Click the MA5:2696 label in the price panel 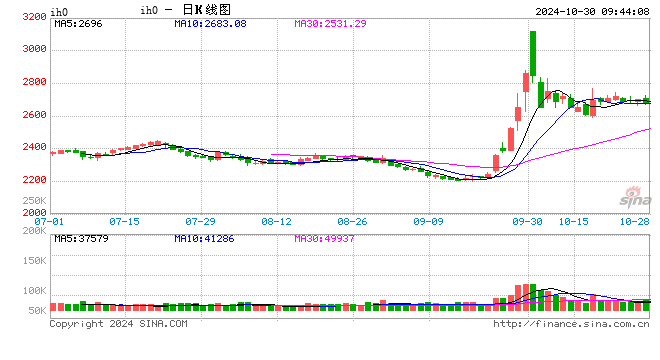pyautogui.click(x=76, y=23)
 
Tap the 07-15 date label pyautogui.click(x=125, y=220)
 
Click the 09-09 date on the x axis pyautogui.click(x=429, y=220)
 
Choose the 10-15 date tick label pyautogui.click(x=574, y=220)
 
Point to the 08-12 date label pyautogui.click(x=277, y=220)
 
